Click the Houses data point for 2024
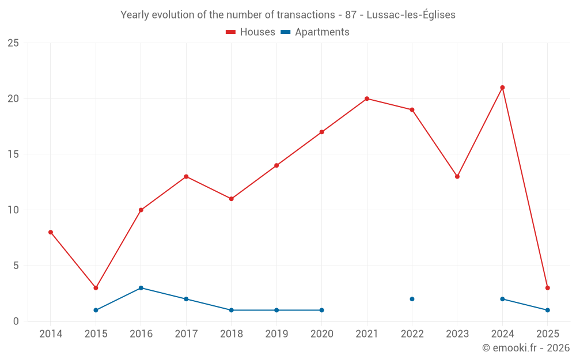pos(502,88)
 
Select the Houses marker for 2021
pos(367,98)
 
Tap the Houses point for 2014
pos(51,232)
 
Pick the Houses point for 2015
pos(96,288)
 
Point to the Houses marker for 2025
pos(547,288)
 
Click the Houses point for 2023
pos(457,176)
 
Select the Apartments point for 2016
pos(141,288)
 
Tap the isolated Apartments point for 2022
pos(412,299)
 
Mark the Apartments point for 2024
pos(502,299)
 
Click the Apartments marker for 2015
pos(96,310)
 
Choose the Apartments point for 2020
pos(321,310)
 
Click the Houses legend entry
pos(251,32)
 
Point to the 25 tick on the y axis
pos(13,43)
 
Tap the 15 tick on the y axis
pos(13,154)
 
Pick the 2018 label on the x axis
pos(231,334)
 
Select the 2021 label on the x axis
pos(367,334)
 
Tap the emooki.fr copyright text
pos(526,348)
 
